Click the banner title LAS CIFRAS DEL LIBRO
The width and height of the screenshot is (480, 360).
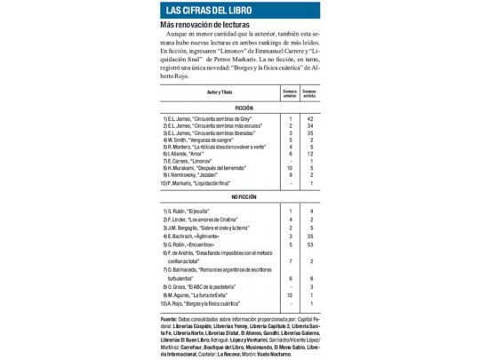coord(202,10)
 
